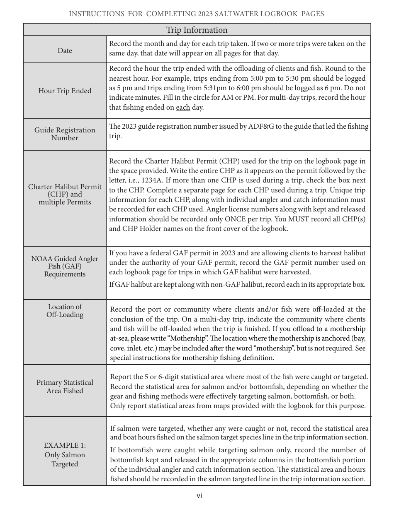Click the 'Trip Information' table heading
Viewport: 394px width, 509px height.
tap(197, 30)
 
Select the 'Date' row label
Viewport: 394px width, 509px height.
tap(65, 50)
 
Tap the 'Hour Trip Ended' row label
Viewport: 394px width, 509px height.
tap(65, 91)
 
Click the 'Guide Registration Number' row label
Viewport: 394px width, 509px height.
tap(65, 134)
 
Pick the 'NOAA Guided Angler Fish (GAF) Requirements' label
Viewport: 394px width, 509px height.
tap(65, 266)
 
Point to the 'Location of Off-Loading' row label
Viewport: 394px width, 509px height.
tap(65, 310)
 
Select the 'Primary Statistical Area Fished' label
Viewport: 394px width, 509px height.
tap(65, 387)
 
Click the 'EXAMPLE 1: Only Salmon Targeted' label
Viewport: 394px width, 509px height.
tap(65, 454)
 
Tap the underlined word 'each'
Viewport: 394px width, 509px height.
tap(183, 108)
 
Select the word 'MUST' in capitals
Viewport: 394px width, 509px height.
tap(310, 219)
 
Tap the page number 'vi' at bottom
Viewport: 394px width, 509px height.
tap(199, 495)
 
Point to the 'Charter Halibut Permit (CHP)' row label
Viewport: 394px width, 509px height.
tap(65, 190)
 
